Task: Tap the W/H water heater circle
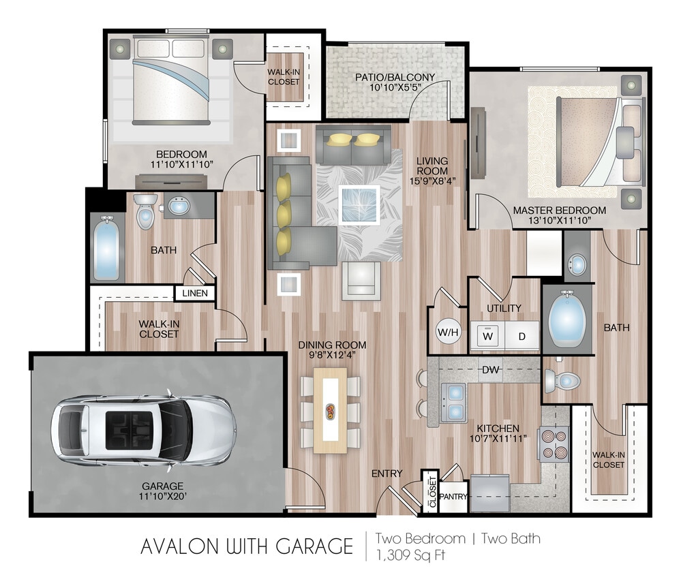coord(449,332)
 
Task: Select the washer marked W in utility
coord(488,336)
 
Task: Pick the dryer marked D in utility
coord(521,336)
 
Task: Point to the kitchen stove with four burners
coord(554,444)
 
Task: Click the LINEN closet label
coord(195,294)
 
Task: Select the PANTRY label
coord(453,497)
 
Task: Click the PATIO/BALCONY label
coord(395,77)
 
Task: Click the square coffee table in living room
coord(359,204)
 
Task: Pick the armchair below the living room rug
coord(361,279)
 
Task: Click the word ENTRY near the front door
coord(387,473)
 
